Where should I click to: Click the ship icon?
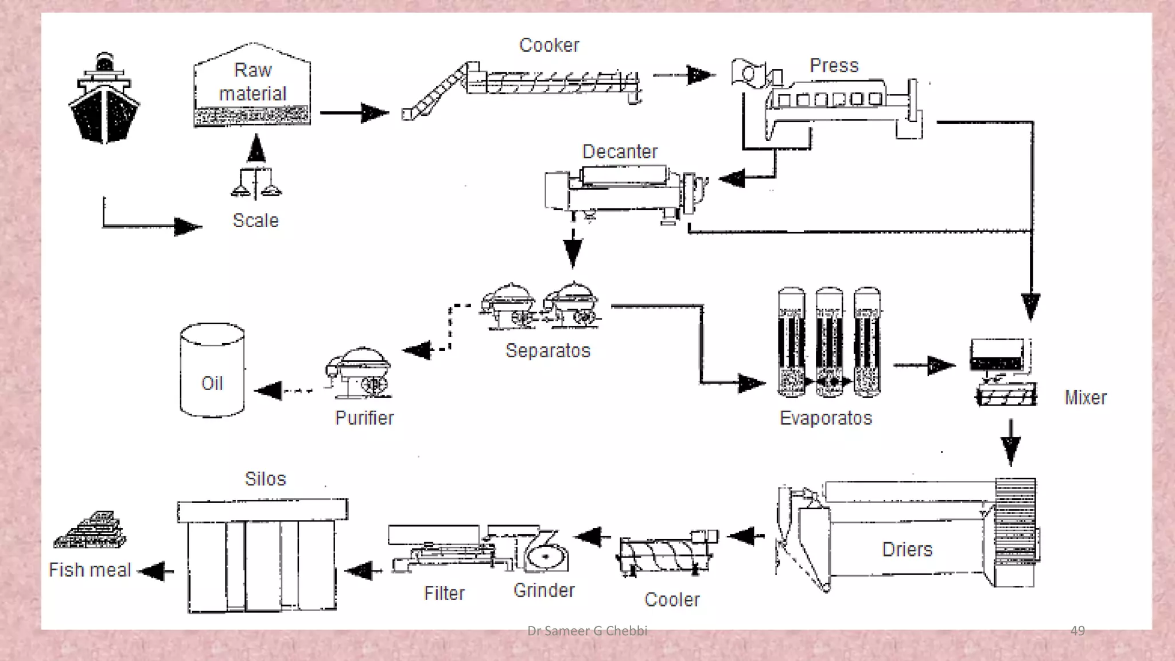pyautogui.click(x=104, y=98)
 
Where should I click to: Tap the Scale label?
pyautogui.click(x=256, y=220)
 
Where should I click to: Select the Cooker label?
pyautogui.click(x=549, y=45)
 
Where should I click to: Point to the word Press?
pyautogui.click(x=834, y=65)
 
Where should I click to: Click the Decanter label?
pyautogui.click(x=620, y=151)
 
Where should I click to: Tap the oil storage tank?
pyautogui.click(x=212, y=370)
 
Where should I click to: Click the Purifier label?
pyautogui.click(x=364, y=418)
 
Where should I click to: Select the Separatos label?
pyautogui.click(x=548, y=350)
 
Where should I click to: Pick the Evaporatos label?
pyautogui.click(x=826, y=418)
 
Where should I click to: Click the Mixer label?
pyautogui.click(x=1085, y=397)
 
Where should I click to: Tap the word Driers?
pyautogui.click(x=907, y=549)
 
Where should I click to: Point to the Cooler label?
pyautogui.click(x=672, y=600)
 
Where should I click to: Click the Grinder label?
pyautogui.click(x=544, y=590)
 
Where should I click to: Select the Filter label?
pyautogui.click(x=444, y=593)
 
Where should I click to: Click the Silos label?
pyautogui.click(x=265, y=479)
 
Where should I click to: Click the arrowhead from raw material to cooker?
pyautogui.click(x=375, y=112)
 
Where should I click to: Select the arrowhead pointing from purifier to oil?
pyautogui.click(x=268, y=391)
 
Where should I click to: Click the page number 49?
pyautogui.click(x=1077, y=631)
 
